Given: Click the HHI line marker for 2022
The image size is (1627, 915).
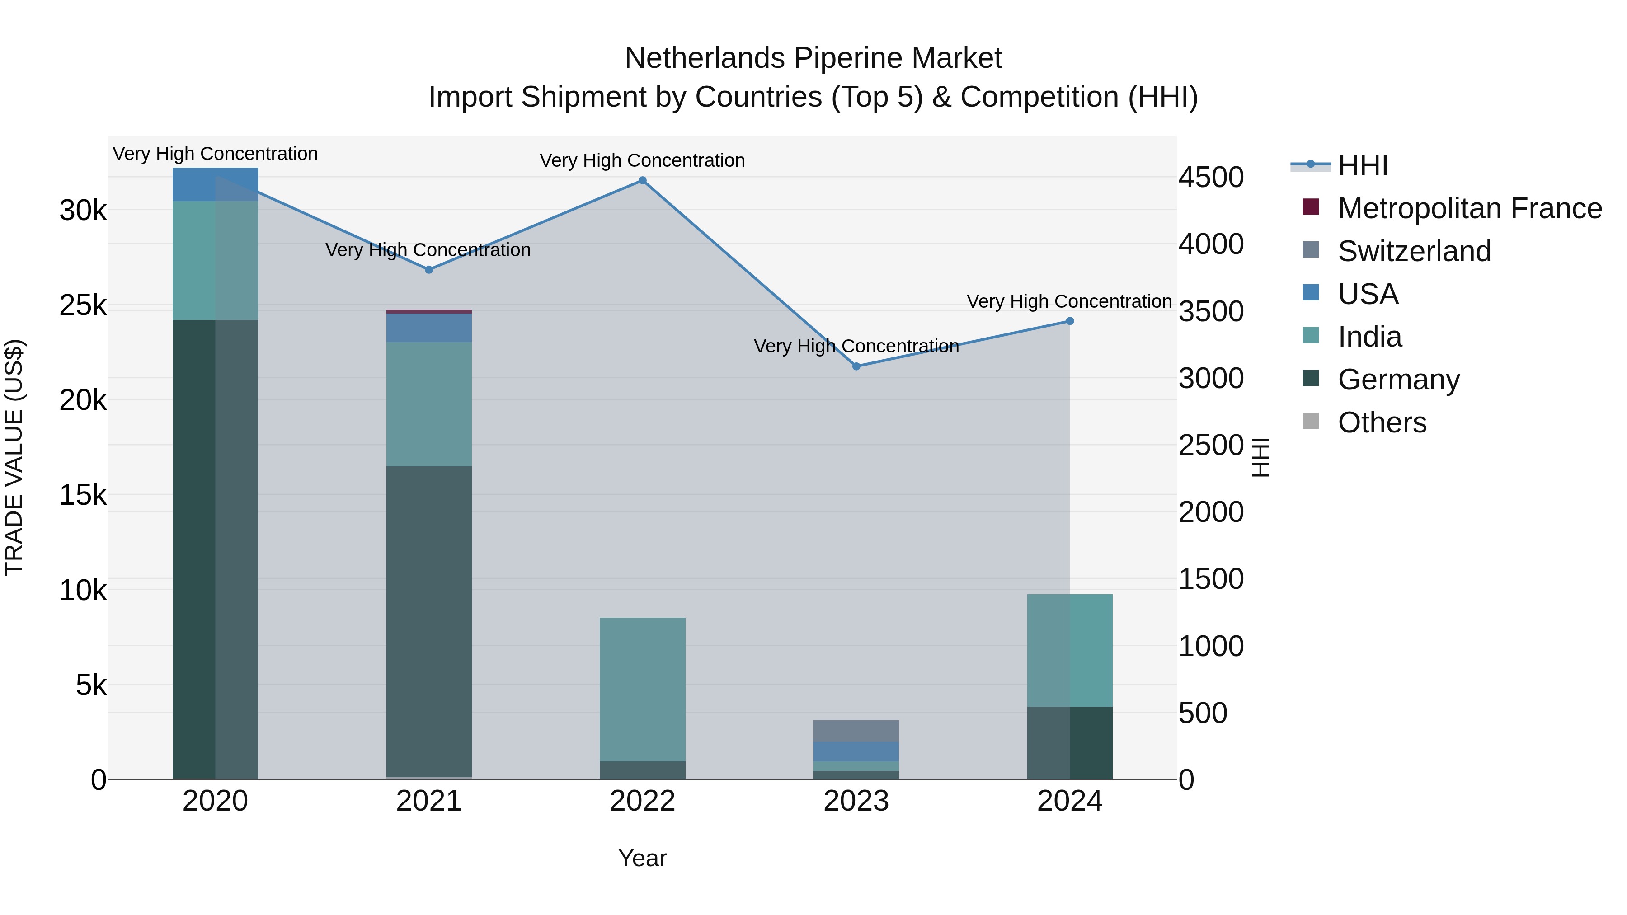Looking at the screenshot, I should coord(642,181).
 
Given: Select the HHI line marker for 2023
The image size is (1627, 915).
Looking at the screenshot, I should coord(856,366).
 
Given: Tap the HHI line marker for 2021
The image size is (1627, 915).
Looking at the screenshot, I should coord(429,270).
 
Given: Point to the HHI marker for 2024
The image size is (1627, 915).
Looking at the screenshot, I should coord(1070,321).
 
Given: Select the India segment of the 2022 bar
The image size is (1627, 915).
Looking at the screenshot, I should coord(642,688).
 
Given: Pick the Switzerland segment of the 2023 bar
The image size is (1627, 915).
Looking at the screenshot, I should coord(856,731).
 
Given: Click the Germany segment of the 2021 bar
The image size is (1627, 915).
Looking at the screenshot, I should coord(429,622).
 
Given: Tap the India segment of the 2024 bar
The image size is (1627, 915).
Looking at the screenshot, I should coord(1070,650).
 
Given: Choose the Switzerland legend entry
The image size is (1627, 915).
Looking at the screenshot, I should coord(1414,251).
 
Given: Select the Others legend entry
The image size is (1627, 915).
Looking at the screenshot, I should coord(1382,422).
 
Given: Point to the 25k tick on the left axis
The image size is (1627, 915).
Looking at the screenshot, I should coord(83,305).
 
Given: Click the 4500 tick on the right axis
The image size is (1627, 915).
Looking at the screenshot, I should coord(1211,178).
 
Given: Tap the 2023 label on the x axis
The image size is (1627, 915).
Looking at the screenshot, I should coord(856,801).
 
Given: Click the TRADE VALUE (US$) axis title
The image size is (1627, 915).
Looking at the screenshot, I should coord(14,458).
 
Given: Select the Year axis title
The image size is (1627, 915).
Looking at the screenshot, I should coord(642,858).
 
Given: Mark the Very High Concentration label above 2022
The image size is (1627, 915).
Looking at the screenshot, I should coord(642,160).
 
